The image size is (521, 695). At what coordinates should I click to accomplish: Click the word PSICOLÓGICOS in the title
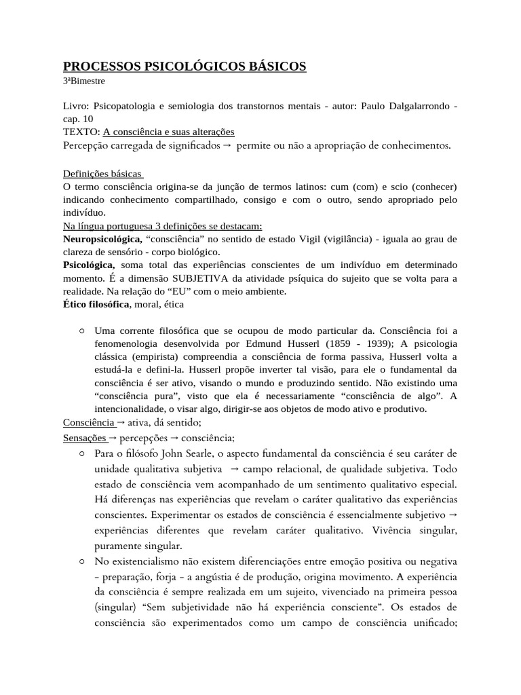click(183, 66)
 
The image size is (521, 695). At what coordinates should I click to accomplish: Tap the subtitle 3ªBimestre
click(84, 81)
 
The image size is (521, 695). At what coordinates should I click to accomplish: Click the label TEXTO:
click(81, 132)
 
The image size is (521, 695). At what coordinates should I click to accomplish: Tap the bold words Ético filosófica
click(96, 304)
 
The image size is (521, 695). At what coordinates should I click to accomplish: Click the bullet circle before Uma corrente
click(82, 331)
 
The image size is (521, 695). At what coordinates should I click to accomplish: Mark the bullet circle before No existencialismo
click(82, 561)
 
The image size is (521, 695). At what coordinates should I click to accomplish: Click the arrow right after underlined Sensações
click(113, 438)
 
